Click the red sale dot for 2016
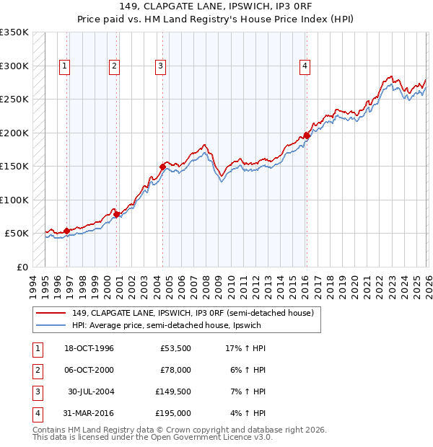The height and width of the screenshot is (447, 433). [307, 136]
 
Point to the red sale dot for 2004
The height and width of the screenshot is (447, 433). [162, 167]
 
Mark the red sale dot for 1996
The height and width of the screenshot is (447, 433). [66, 231]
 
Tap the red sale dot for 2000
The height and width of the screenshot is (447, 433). [115, 214]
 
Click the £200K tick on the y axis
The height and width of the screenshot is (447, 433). [14, 133]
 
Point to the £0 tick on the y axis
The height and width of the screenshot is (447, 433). [22, 267]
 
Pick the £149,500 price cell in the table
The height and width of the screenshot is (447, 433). [173, 391]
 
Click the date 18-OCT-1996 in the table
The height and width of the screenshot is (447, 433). [89, 348]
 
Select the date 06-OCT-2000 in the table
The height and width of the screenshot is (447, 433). [89, 370]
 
